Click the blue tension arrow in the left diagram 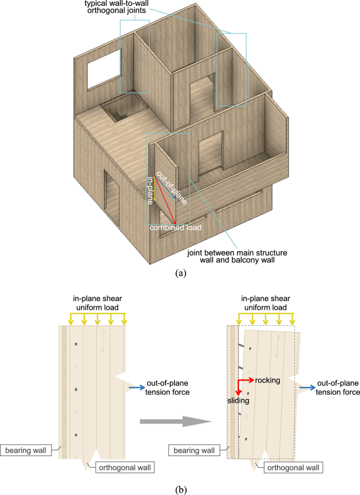click(137, 388)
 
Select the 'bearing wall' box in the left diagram click(29, 450)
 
